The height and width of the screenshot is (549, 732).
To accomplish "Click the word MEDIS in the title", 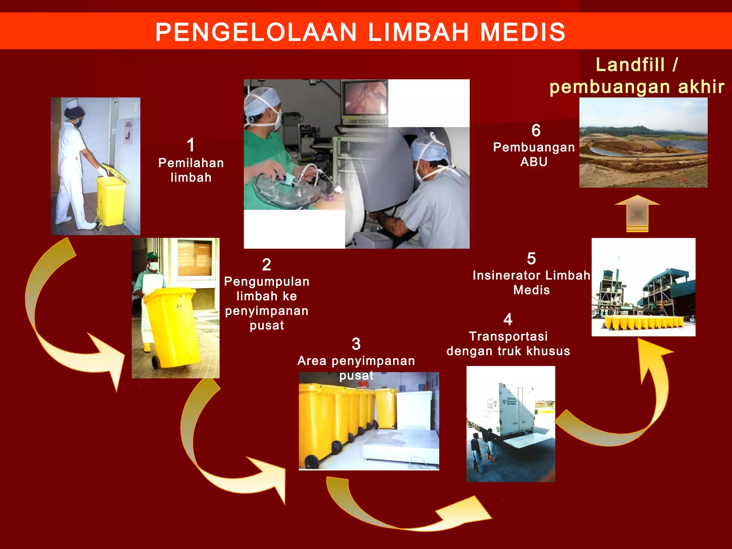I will point(523,32).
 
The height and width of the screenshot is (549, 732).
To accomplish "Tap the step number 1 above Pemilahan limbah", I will point(191,145).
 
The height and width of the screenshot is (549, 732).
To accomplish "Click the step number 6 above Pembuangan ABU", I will point(536,130).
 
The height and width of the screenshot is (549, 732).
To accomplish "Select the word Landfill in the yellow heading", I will point(630,65).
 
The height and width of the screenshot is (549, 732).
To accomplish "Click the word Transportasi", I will point(508,336).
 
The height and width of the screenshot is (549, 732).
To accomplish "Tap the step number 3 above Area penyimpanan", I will point(356,344).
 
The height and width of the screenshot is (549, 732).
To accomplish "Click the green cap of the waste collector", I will point(152,256).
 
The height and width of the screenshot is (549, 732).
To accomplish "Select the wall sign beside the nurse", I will point(128,132).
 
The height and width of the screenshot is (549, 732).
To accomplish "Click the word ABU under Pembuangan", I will point(534,162).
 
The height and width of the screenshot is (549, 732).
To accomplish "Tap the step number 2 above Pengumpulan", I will point(266,265).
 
